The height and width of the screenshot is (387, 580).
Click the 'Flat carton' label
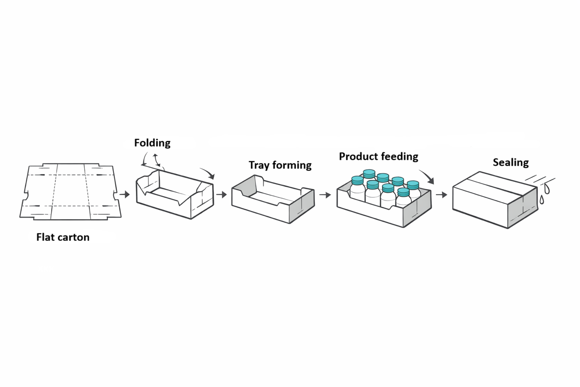click(x=63, y=237)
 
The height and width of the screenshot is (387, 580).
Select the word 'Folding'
click(x=152, y=143)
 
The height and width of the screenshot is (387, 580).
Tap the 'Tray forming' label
click(x=280, y=165)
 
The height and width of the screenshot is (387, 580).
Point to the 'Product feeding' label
click(x=378, y=157)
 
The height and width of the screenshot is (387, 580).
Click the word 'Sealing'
click(x=511, y=162)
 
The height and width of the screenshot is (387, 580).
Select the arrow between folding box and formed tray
click(x=222, y=195)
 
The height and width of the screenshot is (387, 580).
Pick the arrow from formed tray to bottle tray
click(x=325, y=195)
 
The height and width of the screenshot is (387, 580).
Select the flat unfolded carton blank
click(x=70, y=191)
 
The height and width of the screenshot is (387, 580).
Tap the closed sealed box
click(x=495, y=200)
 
